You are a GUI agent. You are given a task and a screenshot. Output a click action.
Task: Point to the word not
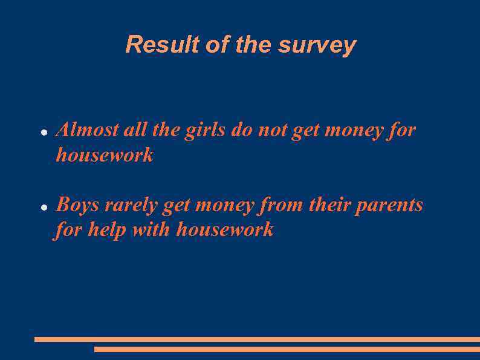(x=273, y=130)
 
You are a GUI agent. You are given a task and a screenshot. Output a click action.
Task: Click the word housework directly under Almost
(x=105, y=155)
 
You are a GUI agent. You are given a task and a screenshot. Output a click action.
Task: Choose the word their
(x=329, y=205)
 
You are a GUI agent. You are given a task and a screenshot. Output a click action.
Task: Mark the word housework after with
(x=225, y=230)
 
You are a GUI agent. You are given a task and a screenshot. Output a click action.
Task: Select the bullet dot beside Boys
(x=44, y=207)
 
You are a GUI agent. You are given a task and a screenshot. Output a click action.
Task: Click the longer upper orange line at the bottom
(x=257, y=339)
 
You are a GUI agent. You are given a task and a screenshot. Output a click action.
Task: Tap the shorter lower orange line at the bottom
(x=287, y=349)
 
